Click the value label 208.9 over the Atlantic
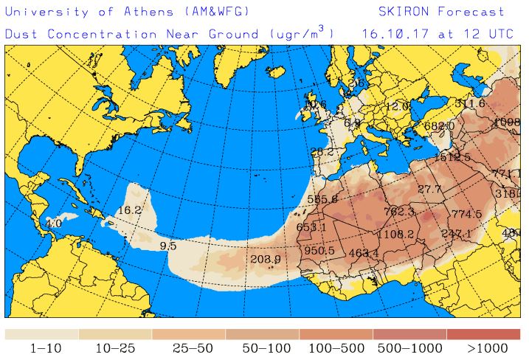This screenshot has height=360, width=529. (x=266, y=259)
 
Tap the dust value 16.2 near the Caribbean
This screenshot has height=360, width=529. (x=129, y=210)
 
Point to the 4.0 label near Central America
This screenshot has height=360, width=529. (x=54, y=223)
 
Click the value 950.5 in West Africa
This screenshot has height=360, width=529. (x=319, y=251)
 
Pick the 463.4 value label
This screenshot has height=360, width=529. (x=363, y=254)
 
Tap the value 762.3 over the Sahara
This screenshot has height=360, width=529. (x=399, y=212)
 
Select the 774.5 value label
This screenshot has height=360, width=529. (x=466, y=214)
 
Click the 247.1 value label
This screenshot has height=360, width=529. (x=456, y=234)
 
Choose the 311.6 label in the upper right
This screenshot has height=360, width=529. (x=470, y=103)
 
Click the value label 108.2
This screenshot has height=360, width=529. (x=399, y=235)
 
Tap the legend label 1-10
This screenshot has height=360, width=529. (x=41, y=347)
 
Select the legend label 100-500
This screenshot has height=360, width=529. (x=336, y=347)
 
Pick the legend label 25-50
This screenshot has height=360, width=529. (x=188, y=347)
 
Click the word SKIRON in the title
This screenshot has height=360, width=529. (x=404, y=12)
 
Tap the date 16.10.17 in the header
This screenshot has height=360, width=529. (x=390, y=34)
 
